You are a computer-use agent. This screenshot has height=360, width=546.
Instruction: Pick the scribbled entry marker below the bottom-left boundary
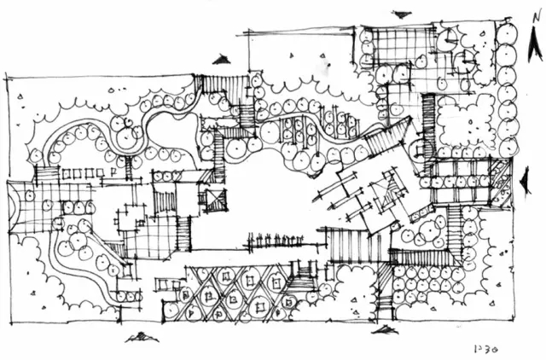click(x=135, y=339)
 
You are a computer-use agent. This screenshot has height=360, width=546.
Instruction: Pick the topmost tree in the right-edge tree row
click(x=506, y=34)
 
